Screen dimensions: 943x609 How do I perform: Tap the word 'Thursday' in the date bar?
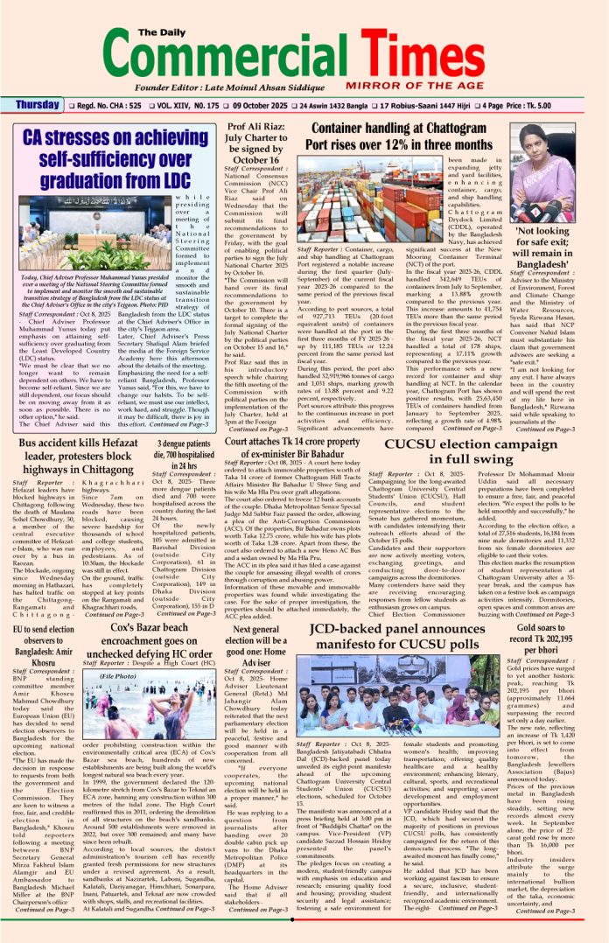point(38,106)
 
